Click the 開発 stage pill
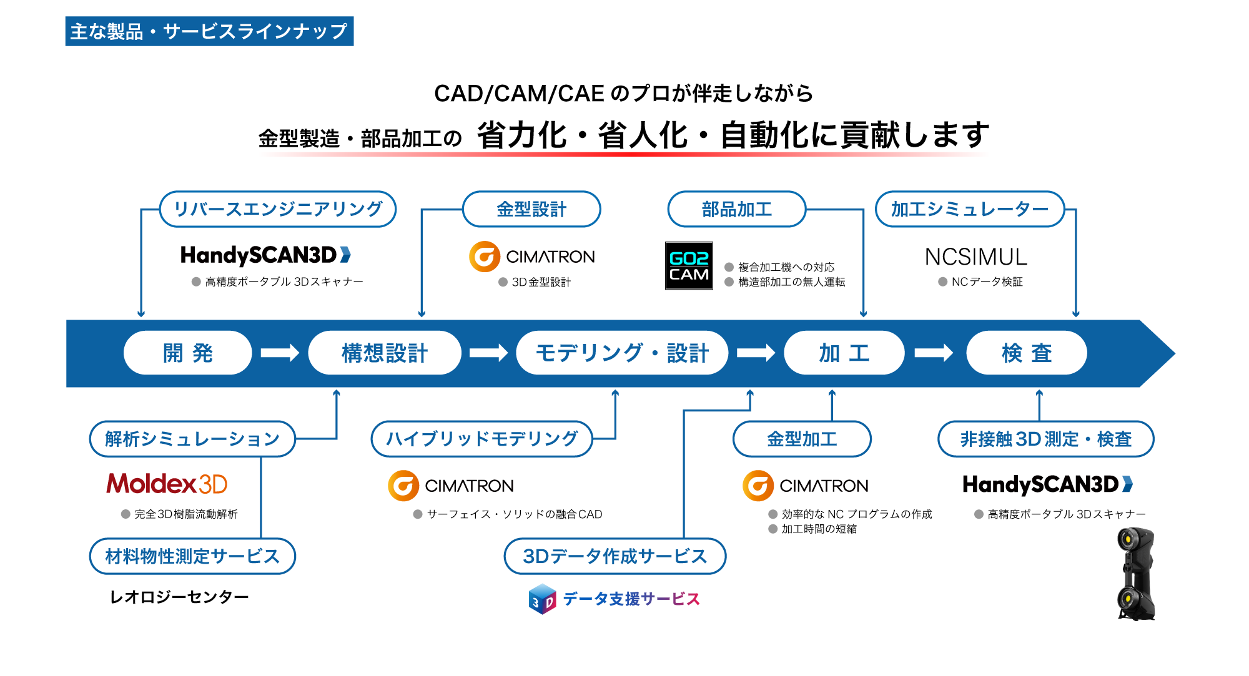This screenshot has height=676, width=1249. tap(187, 353)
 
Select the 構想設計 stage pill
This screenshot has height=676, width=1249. tap(385, 353)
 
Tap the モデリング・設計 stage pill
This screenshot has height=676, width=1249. tap(622, 353)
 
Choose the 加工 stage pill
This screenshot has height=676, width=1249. tap(844, 353)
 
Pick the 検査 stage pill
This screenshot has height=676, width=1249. tap(1026, 353)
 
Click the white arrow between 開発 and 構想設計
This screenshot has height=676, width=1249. tap(279, 353)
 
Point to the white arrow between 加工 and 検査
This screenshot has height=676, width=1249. tap(933, 353)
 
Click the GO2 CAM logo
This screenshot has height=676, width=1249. tap(689, 266)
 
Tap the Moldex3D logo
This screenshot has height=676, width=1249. tap(167, 484)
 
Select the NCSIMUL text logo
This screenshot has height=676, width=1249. tap(975, 257)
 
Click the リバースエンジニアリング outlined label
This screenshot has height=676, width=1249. tap(278, 209)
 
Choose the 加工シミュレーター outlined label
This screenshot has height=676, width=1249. tap(969, 209)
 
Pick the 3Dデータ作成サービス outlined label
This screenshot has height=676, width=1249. tap(615, 556)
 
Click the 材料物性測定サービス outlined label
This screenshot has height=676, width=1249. tap(192, 556)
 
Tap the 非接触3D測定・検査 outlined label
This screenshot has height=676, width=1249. tap(1045, 439)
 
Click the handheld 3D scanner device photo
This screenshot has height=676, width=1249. tap(1136, 574)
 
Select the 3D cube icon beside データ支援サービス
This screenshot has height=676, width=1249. tap(542, 599)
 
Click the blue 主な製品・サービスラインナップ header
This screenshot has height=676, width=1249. tap(209, 31)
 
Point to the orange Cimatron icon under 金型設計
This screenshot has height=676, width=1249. tap(485, 257)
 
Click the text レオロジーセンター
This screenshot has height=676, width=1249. tap(179, 597)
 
